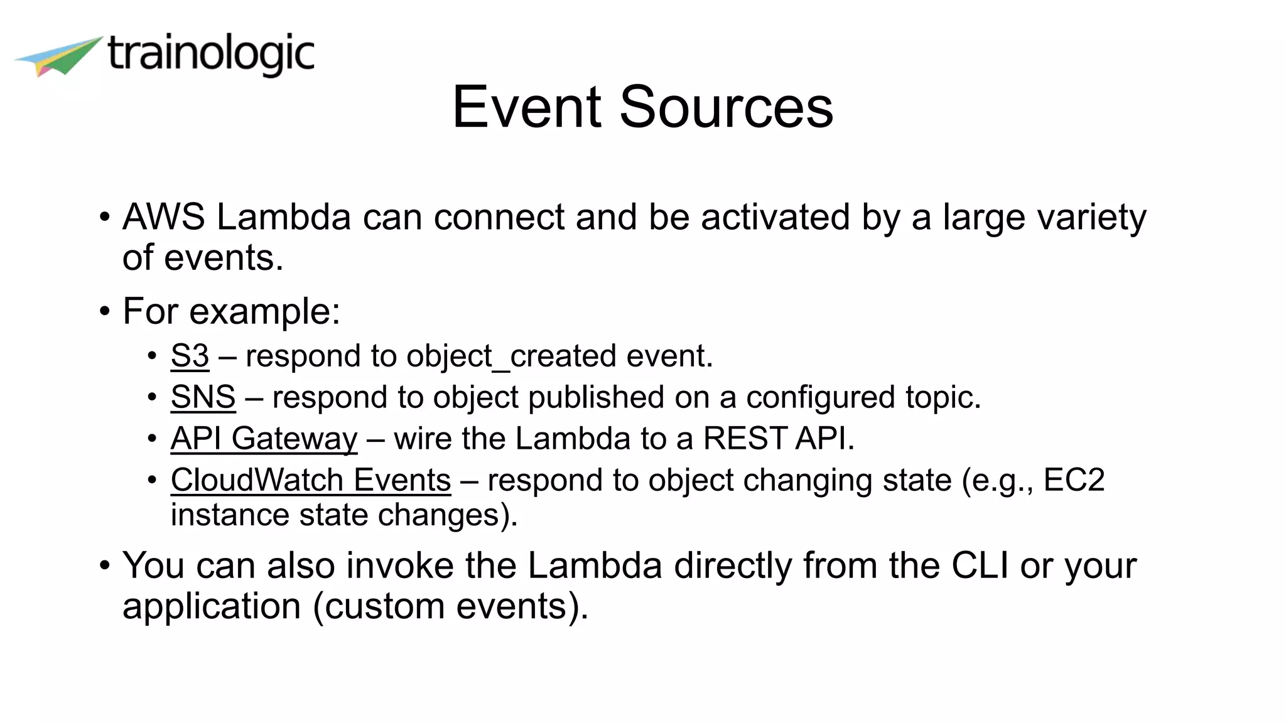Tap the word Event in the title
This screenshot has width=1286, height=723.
pos(527,107)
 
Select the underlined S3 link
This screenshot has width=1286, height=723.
pos(190,356)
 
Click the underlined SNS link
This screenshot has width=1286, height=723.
pos(203,397)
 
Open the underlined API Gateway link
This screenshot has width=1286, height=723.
pos(264,439)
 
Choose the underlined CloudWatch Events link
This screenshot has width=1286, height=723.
pos(310,481)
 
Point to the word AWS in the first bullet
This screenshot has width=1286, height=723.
pos(163,217)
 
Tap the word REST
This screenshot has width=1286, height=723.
pos(745,438)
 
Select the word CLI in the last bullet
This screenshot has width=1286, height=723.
pos(980,565)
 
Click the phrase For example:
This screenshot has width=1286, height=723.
pos(231,311)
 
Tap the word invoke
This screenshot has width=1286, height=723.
pos(400,565)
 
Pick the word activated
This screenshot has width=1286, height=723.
pos(775,217)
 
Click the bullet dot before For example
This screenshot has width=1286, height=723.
pos(105,312)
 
